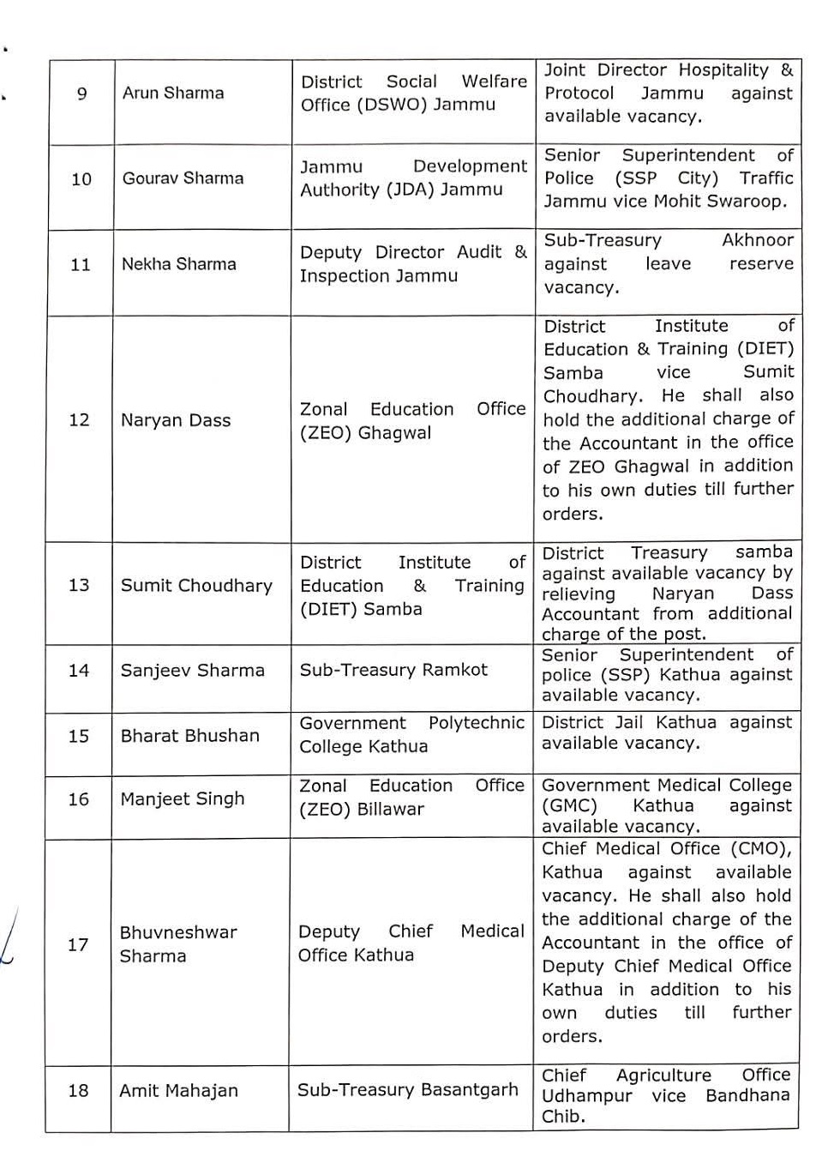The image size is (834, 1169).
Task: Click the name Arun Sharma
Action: pos(173,93)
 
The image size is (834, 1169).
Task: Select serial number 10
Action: pos(81,179)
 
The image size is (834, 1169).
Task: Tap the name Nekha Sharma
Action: pos(178,264)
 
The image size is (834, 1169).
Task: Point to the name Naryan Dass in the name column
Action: pos(176,420)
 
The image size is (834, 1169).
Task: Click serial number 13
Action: pos(79,585)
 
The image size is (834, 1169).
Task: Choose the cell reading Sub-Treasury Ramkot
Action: pos(393,670)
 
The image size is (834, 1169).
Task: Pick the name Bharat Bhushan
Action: pos(189,736)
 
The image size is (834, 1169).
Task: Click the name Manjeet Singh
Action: pos(183,799)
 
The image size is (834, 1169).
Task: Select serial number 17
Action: pos(78,944)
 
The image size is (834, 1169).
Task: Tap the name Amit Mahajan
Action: pos(178,1091)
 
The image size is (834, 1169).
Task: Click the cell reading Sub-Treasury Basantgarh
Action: pos(408,1090)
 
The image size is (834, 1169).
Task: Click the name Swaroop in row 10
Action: pos(747,202)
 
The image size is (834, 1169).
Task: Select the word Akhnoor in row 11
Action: pos(758,240)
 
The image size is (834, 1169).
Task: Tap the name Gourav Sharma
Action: pos(183,178)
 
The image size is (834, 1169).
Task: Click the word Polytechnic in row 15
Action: pos(476,723)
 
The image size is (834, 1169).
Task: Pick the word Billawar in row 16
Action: pos(386,810)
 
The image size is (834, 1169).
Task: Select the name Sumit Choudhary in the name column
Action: pos(196,585)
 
